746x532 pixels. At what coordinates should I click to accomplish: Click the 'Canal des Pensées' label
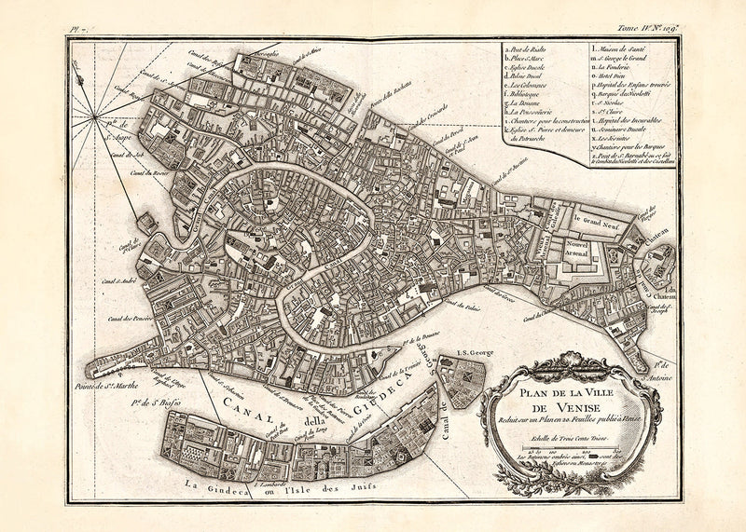pyautogui.click(x=130, y=318)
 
